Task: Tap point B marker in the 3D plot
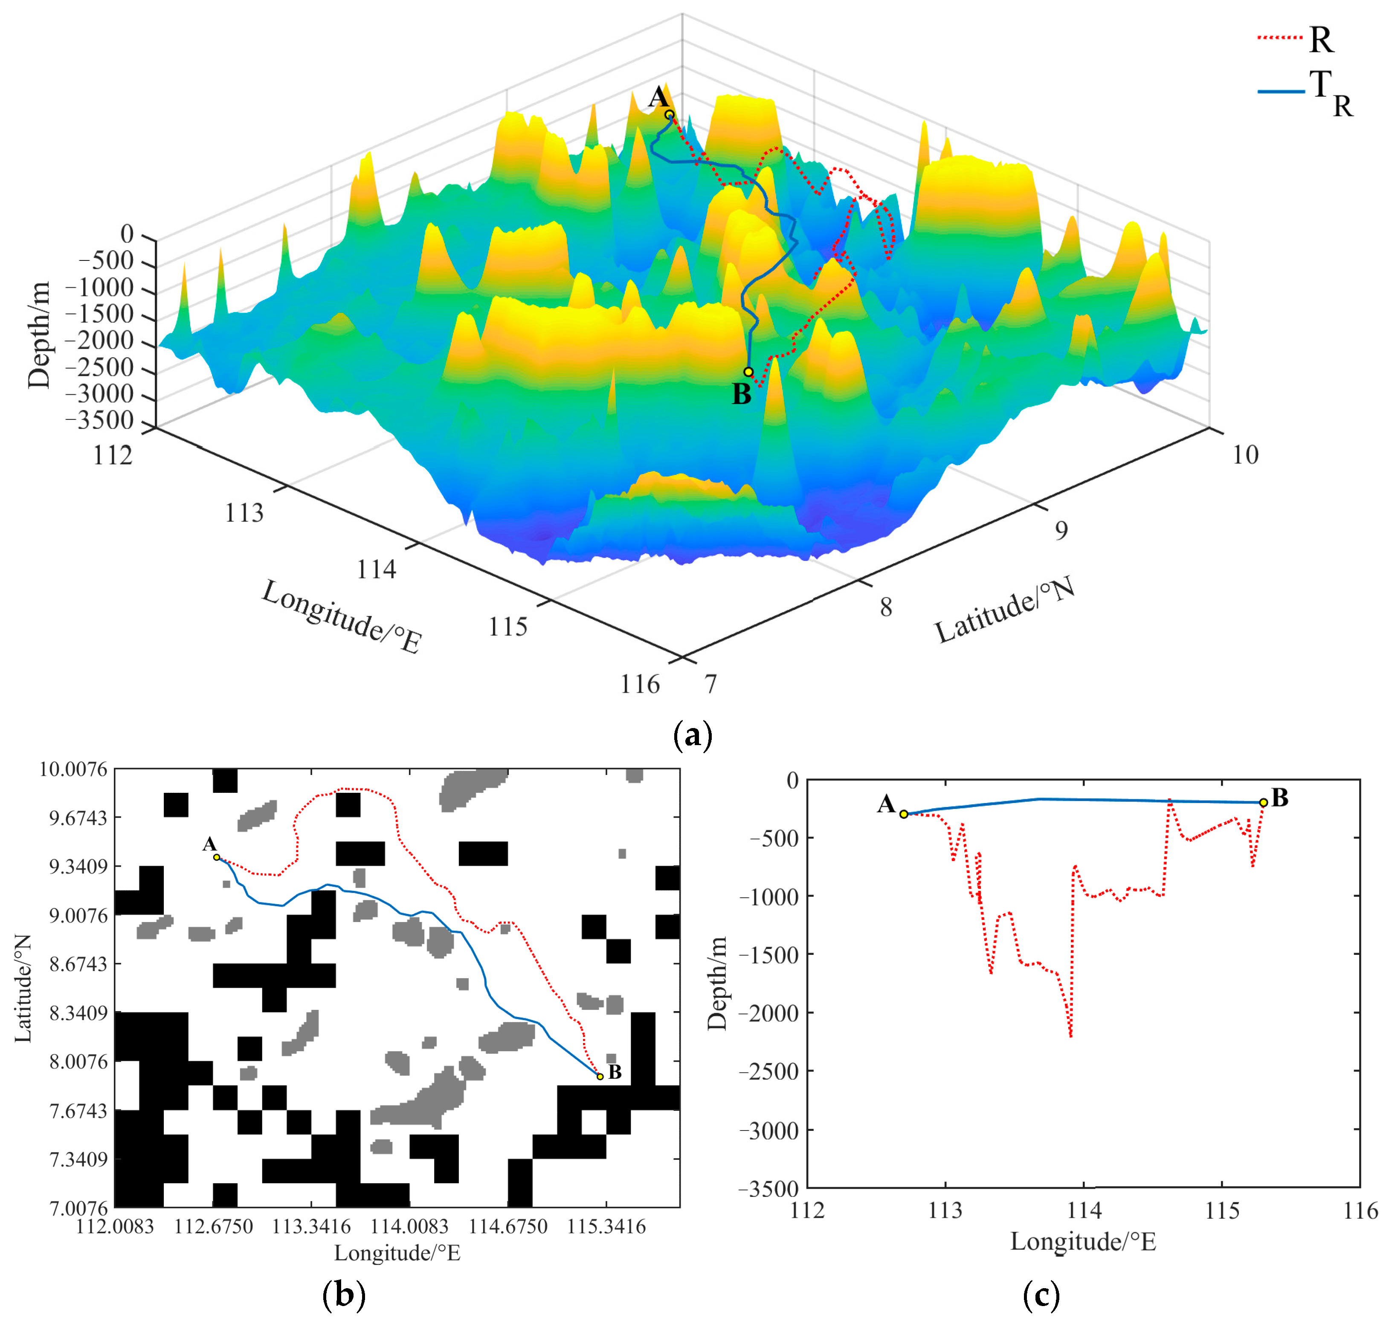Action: coord(748,372)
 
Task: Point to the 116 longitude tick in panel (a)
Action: coord(640,684)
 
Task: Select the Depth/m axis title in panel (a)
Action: coord(39,335)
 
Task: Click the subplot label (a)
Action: coord(692,736)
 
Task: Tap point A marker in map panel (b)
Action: coord(217,857)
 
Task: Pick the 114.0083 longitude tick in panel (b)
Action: coord(409,1226)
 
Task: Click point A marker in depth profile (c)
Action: coord(904,814)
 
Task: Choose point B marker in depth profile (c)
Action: coord(1263,802)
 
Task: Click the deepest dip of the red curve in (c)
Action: coord(1070,1036)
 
